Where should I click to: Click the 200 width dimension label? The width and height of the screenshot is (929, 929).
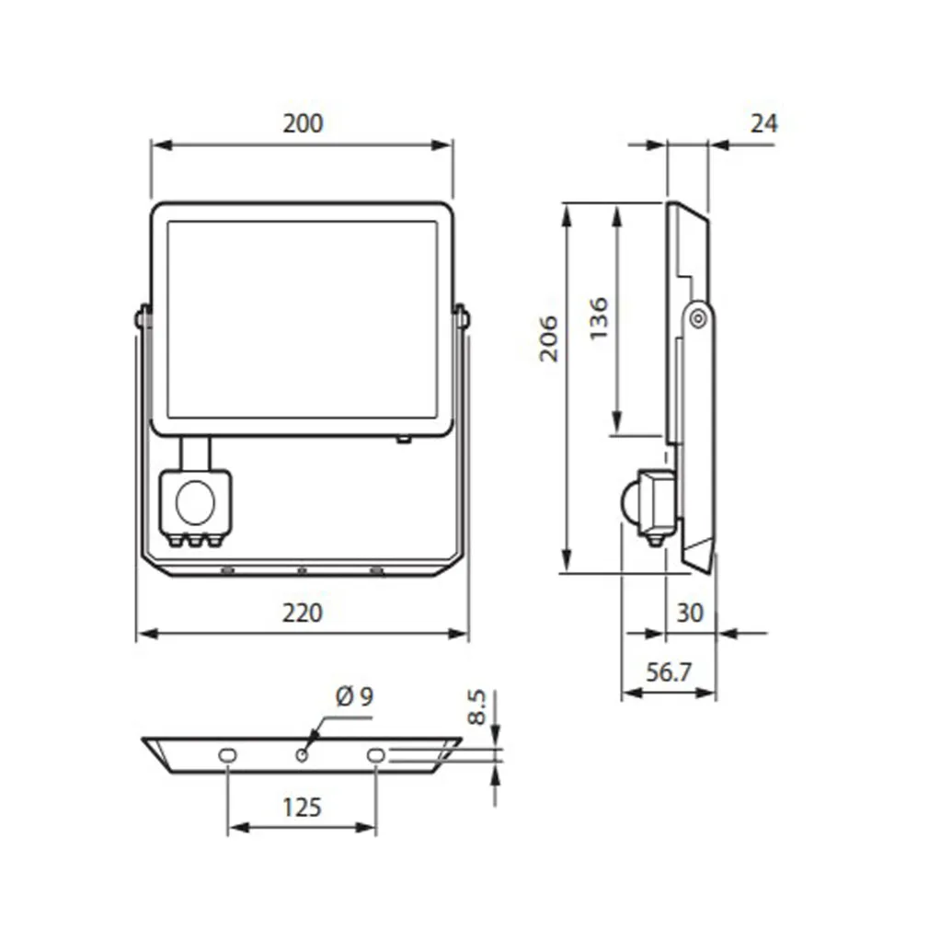pyautogui.click(x=303, y=123)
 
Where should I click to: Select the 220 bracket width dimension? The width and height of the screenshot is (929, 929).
pyautogui.click(x=303, y=612)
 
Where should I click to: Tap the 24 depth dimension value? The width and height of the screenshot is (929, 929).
pyautogui.click(x=763, y=123)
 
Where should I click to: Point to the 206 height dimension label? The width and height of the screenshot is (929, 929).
pyautogui.click(x=548, y=338)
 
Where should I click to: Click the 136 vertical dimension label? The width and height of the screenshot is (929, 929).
pyautogui.click(x=598, y=318)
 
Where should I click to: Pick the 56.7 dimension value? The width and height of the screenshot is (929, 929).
pyautogui.click(x=668, y=672)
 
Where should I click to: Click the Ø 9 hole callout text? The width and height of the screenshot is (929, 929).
pyautogui.click(x=354, y=696)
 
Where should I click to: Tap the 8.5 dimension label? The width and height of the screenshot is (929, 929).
pyautogui.click(x=476, y=707)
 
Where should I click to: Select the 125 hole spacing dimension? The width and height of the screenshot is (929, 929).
pyautogui.click(x=302, y=807)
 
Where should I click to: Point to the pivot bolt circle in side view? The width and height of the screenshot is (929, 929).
pyautogui.click(x=698, y=317)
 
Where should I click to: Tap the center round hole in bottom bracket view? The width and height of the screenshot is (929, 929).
pyautogui.click(x=301, y=754)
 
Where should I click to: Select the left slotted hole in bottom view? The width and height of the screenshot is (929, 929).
pyautogui.click(x=227, y=754)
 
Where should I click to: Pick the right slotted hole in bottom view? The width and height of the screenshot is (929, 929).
pyautogui.click(x=375, y=754)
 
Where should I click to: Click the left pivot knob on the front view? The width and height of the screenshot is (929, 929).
pyautogui.click(x=142, y=317)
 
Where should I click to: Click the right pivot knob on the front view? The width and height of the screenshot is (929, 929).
pyautogui.click(x=463, y=317)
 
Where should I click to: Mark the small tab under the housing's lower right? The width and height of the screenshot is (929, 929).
pyautogui.click(x=403, y=440)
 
